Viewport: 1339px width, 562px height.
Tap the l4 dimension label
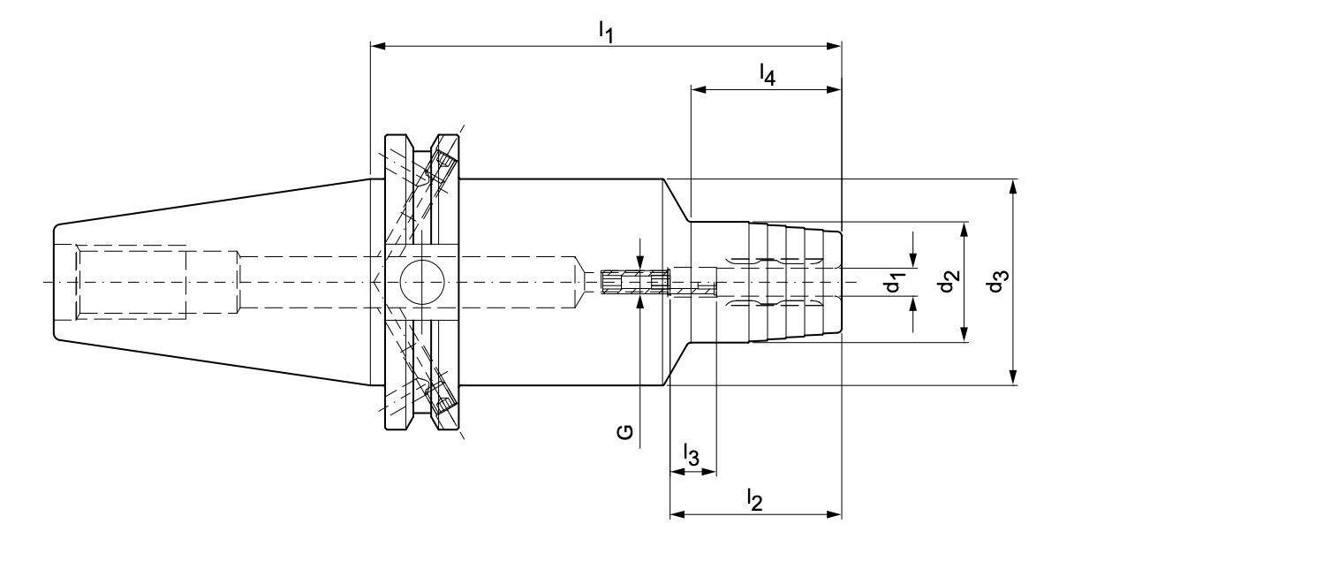coord(768,75)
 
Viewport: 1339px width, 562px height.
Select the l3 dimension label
coord(691,455)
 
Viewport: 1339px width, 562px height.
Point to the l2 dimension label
coord(755,500)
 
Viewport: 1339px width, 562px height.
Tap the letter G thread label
coord(624,432)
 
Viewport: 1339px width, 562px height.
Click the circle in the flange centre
coord(422,282)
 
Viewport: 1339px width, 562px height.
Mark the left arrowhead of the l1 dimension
coord(378,45)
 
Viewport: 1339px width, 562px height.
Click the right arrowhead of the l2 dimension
coord(834,513)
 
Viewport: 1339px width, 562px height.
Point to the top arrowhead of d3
coord(1012,187)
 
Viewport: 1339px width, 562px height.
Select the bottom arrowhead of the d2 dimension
coord(964,334)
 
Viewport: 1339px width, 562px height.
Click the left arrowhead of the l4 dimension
coord(699,89)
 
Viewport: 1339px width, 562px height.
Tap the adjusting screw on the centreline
coord(634,282)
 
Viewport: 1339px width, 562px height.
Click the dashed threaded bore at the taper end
coord(131,282)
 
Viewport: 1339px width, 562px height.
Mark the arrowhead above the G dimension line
coord(640,262)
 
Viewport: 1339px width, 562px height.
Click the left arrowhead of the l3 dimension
coord(677,472)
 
